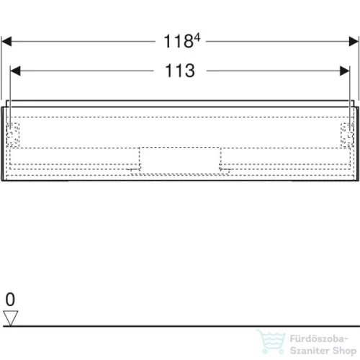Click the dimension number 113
click(179, 71)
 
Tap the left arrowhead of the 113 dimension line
click(14, 71)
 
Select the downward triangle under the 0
click(9, 315)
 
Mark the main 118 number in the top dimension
click(175, 42)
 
